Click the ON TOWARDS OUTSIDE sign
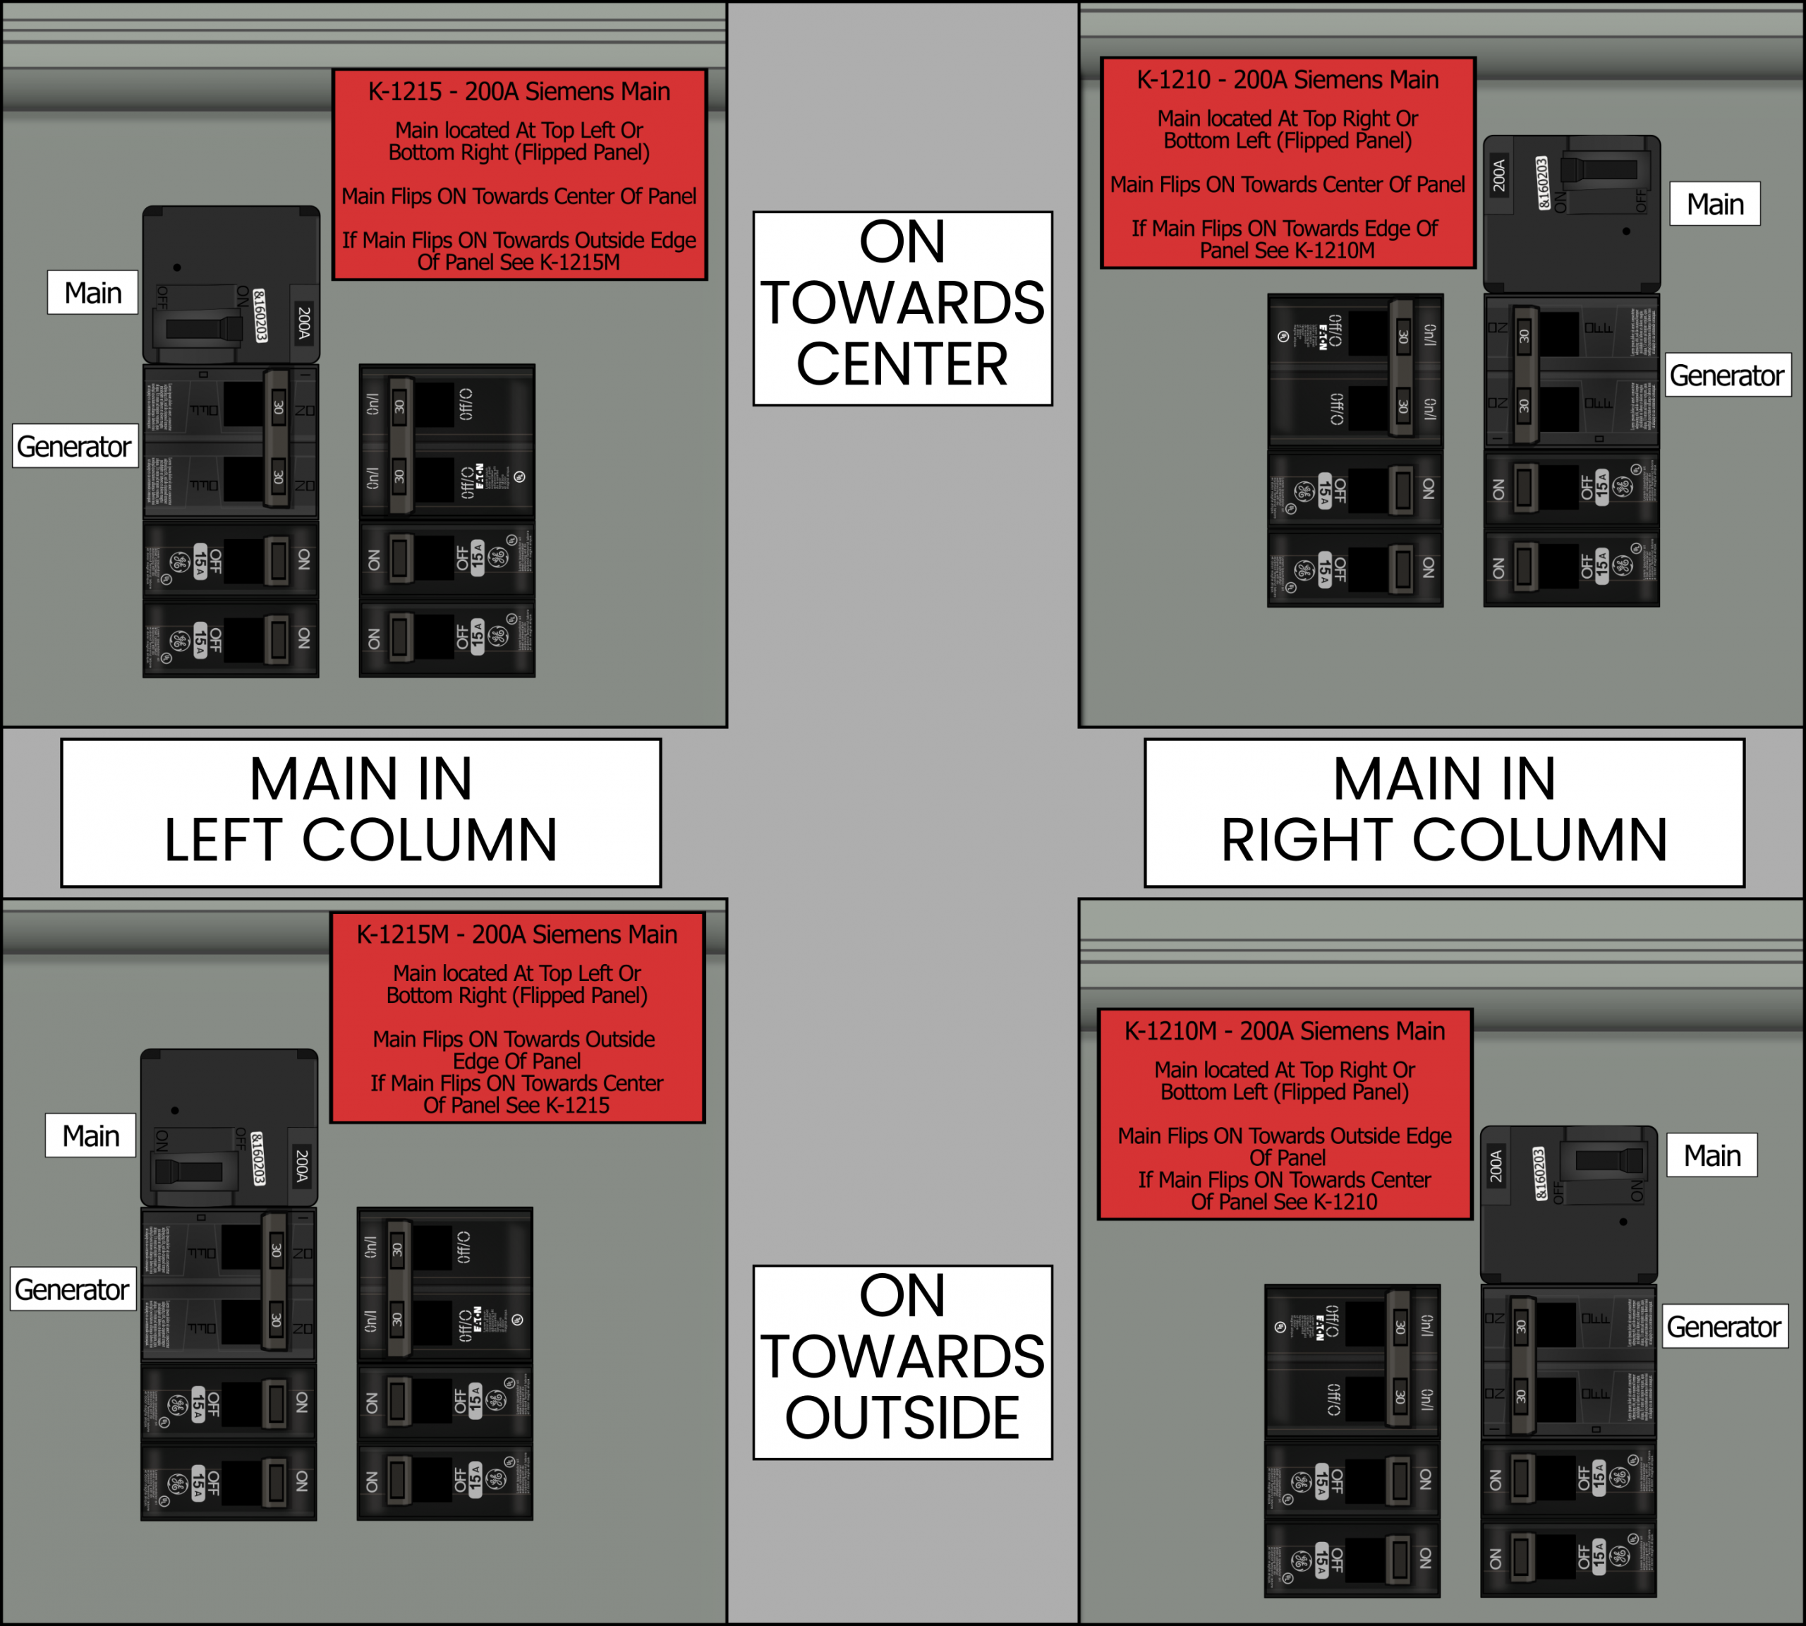click(x=902, y=1361)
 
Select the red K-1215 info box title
click(x=519, y=92)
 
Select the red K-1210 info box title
click(x=1287, y=80)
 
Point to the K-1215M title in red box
click(x=516, y=934)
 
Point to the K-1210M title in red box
click(x=1285, y=1031)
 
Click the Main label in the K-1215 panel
click(x=93, y=293)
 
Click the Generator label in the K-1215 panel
click(x=74, y=447)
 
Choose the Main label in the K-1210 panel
click(x=1715, y=205)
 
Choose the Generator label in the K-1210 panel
click(x=1726, y=375)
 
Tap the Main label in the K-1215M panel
click(x=91, y=1136)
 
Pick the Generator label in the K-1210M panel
click(x=1724, y=1327)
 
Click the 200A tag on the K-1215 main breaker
click(x=303, y=323)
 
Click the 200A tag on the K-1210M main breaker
click(x=1496, y=1165)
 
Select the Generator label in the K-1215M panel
click(x=73, y=1290)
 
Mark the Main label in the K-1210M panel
click(x=1712, y=1156)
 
